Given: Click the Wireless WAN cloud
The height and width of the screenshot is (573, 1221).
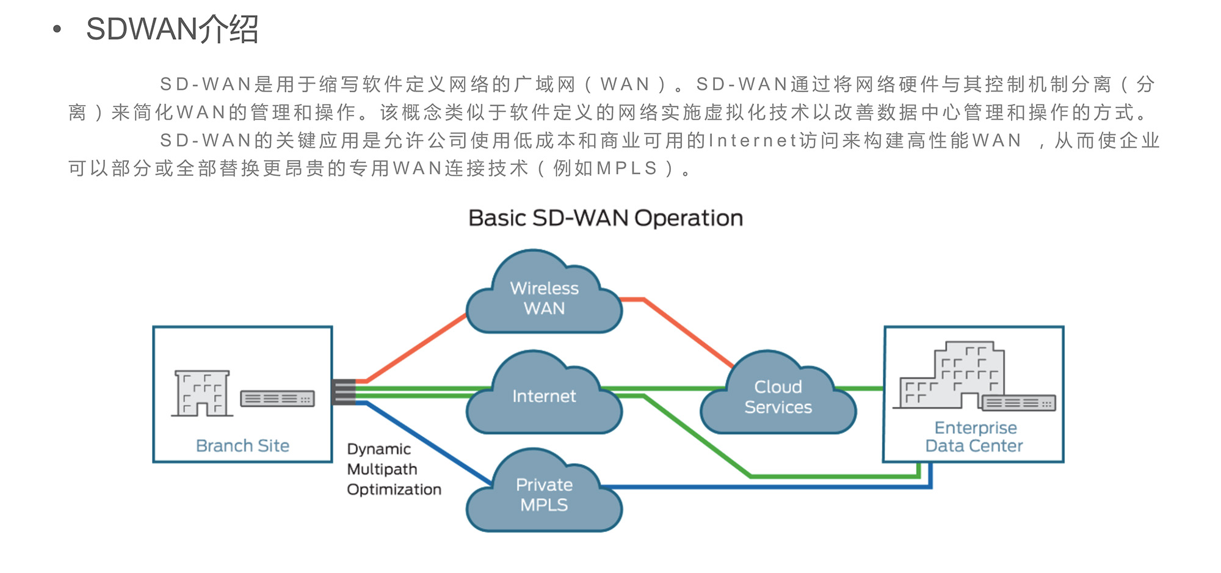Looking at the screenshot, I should pos(544,298).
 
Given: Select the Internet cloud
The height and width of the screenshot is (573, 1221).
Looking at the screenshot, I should pos(544,396).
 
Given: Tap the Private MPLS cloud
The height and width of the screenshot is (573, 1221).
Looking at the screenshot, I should pos(544,495).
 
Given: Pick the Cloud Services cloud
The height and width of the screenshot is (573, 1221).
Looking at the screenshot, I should pos(778,397).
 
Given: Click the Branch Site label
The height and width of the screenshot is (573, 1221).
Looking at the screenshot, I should pos(242,446).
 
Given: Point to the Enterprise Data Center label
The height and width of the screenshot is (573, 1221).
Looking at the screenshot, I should pos(974,437).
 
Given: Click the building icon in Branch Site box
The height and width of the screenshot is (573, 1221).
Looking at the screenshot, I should pos(202,393).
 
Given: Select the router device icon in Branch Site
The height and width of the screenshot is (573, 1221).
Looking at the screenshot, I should pos(278,399).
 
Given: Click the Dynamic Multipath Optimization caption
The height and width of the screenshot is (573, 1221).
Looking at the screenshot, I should pos(393,469).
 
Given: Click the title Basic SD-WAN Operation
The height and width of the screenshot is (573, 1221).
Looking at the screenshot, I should pos(605,219).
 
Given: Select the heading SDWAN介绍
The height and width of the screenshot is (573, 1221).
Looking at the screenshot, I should pos(172,29).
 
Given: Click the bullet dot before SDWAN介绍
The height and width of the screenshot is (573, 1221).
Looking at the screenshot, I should pos(57,29).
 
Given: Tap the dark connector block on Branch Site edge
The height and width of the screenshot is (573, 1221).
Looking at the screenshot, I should pos(344,392).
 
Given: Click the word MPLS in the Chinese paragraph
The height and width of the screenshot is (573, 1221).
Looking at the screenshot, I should pos(627,169).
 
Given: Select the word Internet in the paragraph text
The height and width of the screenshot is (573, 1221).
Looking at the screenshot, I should pos(753,141).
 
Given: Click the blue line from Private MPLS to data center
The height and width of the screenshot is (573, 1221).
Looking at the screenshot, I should pos(763,487).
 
